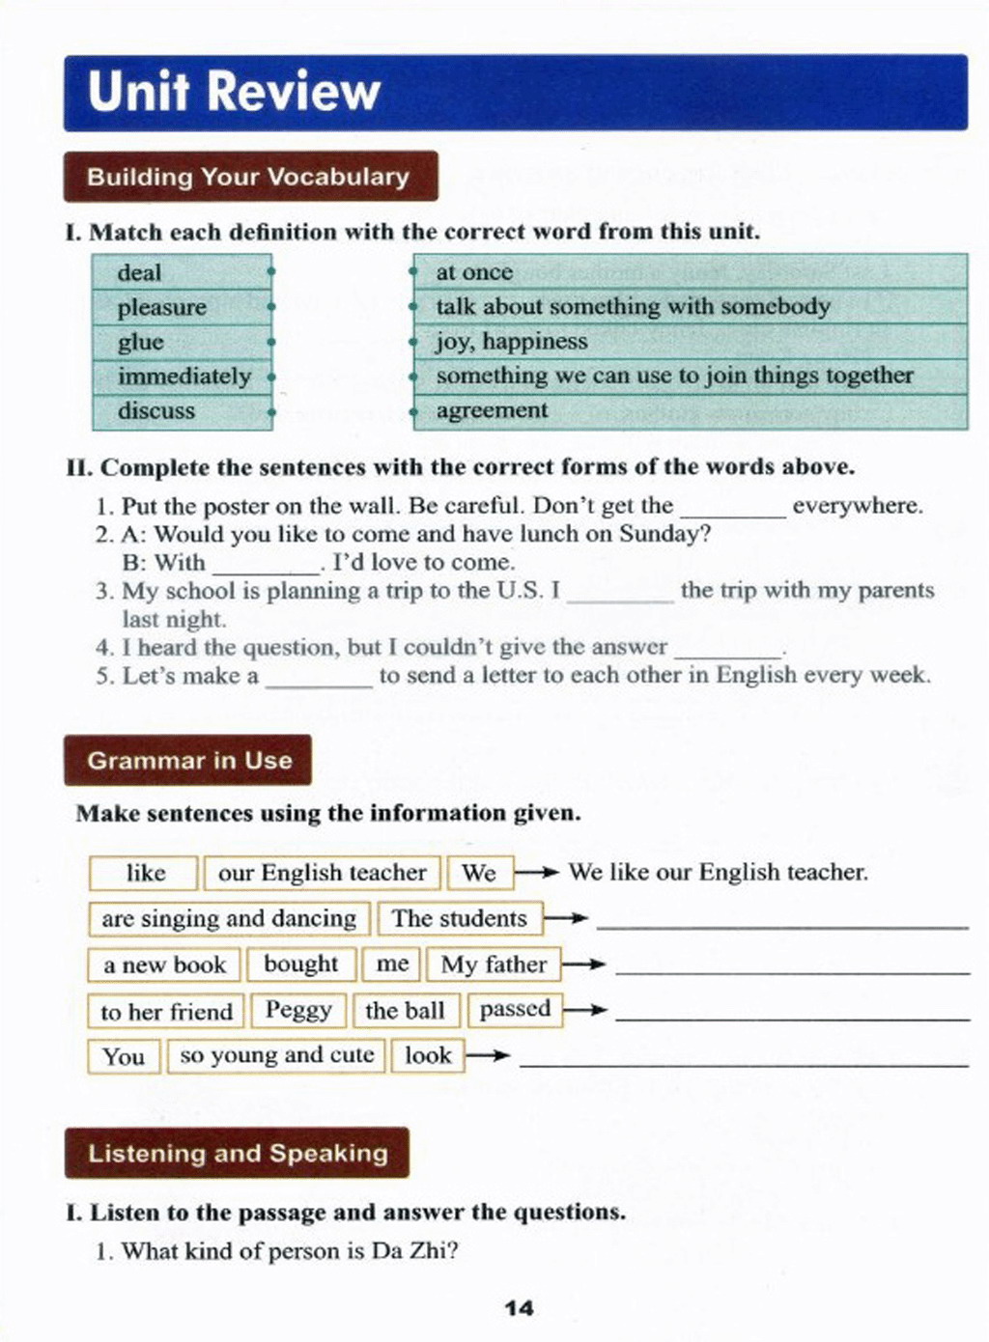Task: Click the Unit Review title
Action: [x=234, y=91]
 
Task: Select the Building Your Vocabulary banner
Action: [x=249, y=177]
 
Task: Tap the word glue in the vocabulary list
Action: [x=141, y=342]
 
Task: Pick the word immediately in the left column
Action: [x=184, y=377]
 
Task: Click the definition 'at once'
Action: [x=474, y=272]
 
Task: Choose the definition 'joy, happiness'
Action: [x=511, y=342]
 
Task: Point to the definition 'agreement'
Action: [x=492, y=411]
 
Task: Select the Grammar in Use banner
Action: [x=188, y=760]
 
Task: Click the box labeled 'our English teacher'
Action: [x=322, y=873]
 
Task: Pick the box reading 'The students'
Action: [x=459, y=918]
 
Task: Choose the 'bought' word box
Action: [x=300, y=964]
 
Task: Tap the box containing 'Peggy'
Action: [x=298, y=1010]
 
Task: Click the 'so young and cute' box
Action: [x=276, y=1055]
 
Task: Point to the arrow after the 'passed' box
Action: [x=586, y=1011]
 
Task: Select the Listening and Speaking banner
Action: [x=238, y=1153]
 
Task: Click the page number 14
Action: [x=519, y=1308]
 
